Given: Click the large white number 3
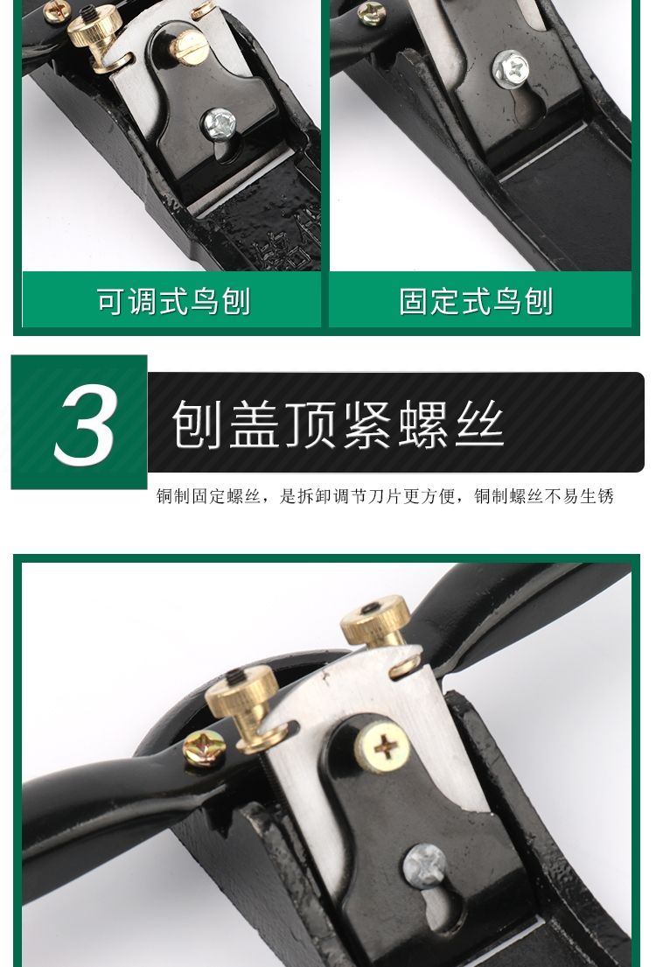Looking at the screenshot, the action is [86, 424].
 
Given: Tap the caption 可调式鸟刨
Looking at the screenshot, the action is [173, 302].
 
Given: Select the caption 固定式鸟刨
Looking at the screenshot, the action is [475, 302].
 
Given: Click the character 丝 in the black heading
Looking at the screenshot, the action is [479, 424].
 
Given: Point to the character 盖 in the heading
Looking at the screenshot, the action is [254, 424].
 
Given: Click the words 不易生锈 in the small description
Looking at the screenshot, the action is [579, 496].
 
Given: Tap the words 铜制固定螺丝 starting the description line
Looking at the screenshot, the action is [209, 496].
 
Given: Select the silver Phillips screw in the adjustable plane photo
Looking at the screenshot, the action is [220, 124].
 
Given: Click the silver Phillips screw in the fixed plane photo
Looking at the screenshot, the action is [511, 69].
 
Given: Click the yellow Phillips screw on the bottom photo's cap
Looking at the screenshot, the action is [383, 747].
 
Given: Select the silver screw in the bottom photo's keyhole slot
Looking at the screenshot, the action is [424, 866].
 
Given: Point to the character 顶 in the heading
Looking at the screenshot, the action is [311, 424].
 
